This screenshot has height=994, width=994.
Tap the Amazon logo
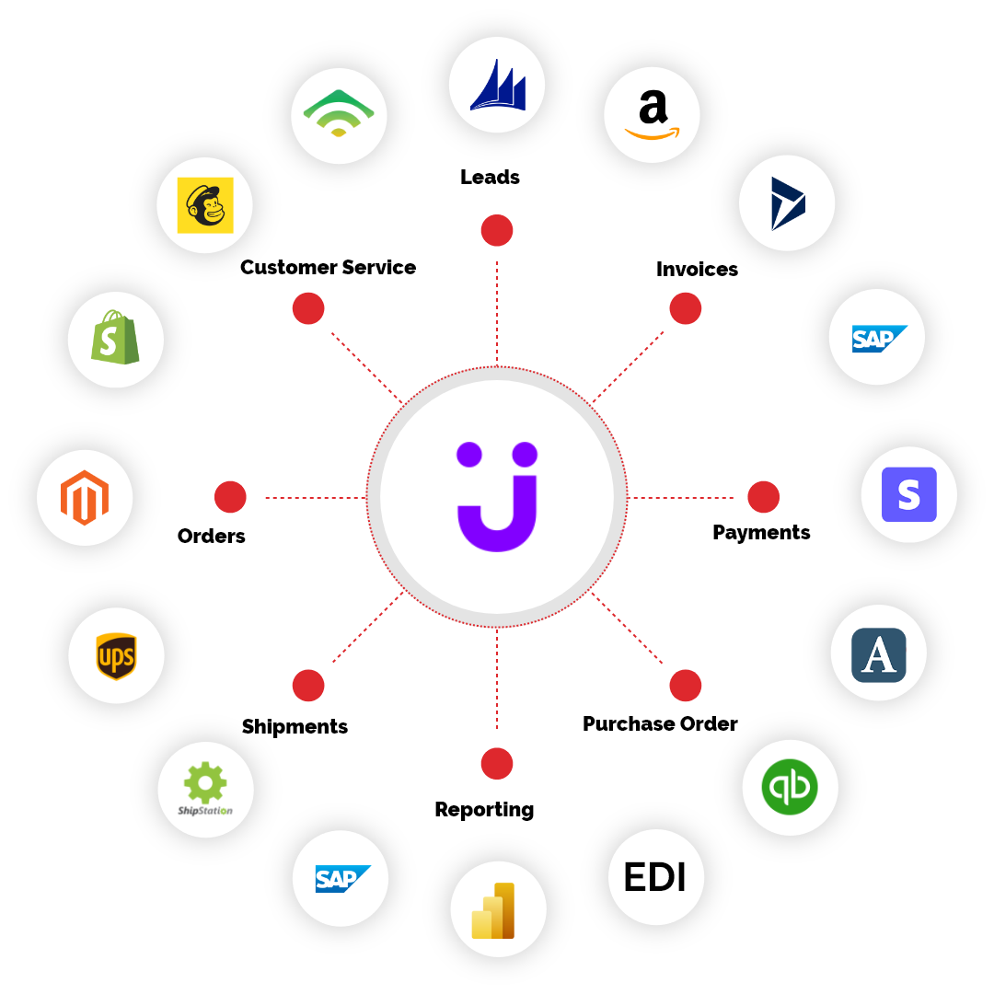point(652,114)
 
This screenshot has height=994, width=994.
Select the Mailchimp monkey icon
point(204,204)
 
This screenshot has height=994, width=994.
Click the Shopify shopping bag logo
point(115,337)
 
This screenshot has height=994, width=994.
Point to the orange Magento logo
point(85,498)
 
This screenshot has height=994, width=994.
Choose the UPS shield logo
point(116,656)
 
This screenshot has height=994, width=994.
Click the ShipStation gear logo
point(205,789)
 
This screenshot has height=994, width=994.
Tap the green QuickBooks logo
point(790,787)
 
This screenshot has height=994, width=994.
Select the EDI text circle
point(655,877)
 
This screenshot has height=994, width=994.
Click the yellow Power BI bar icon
point(493,910)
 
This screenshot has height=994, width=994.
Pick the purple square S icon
point(909,494)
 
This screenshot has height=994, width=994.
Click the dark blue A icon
point(879,655)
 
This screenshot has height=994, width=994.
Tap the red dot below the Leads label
point(497,230)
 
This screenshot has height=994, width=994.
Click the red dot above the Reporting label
point(497,763)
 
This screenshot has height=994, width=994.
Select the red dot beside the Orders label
point(230,497)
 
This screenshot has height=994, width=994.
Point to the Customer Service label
point(329,268)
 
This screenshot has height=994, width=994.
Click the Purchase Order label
point(660,724)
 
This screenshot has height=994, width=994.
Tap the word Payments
point(761,533)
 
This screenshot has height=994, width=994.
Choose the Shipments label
point(295,726)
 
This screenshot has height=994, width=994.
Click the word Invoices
point(698,269)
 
